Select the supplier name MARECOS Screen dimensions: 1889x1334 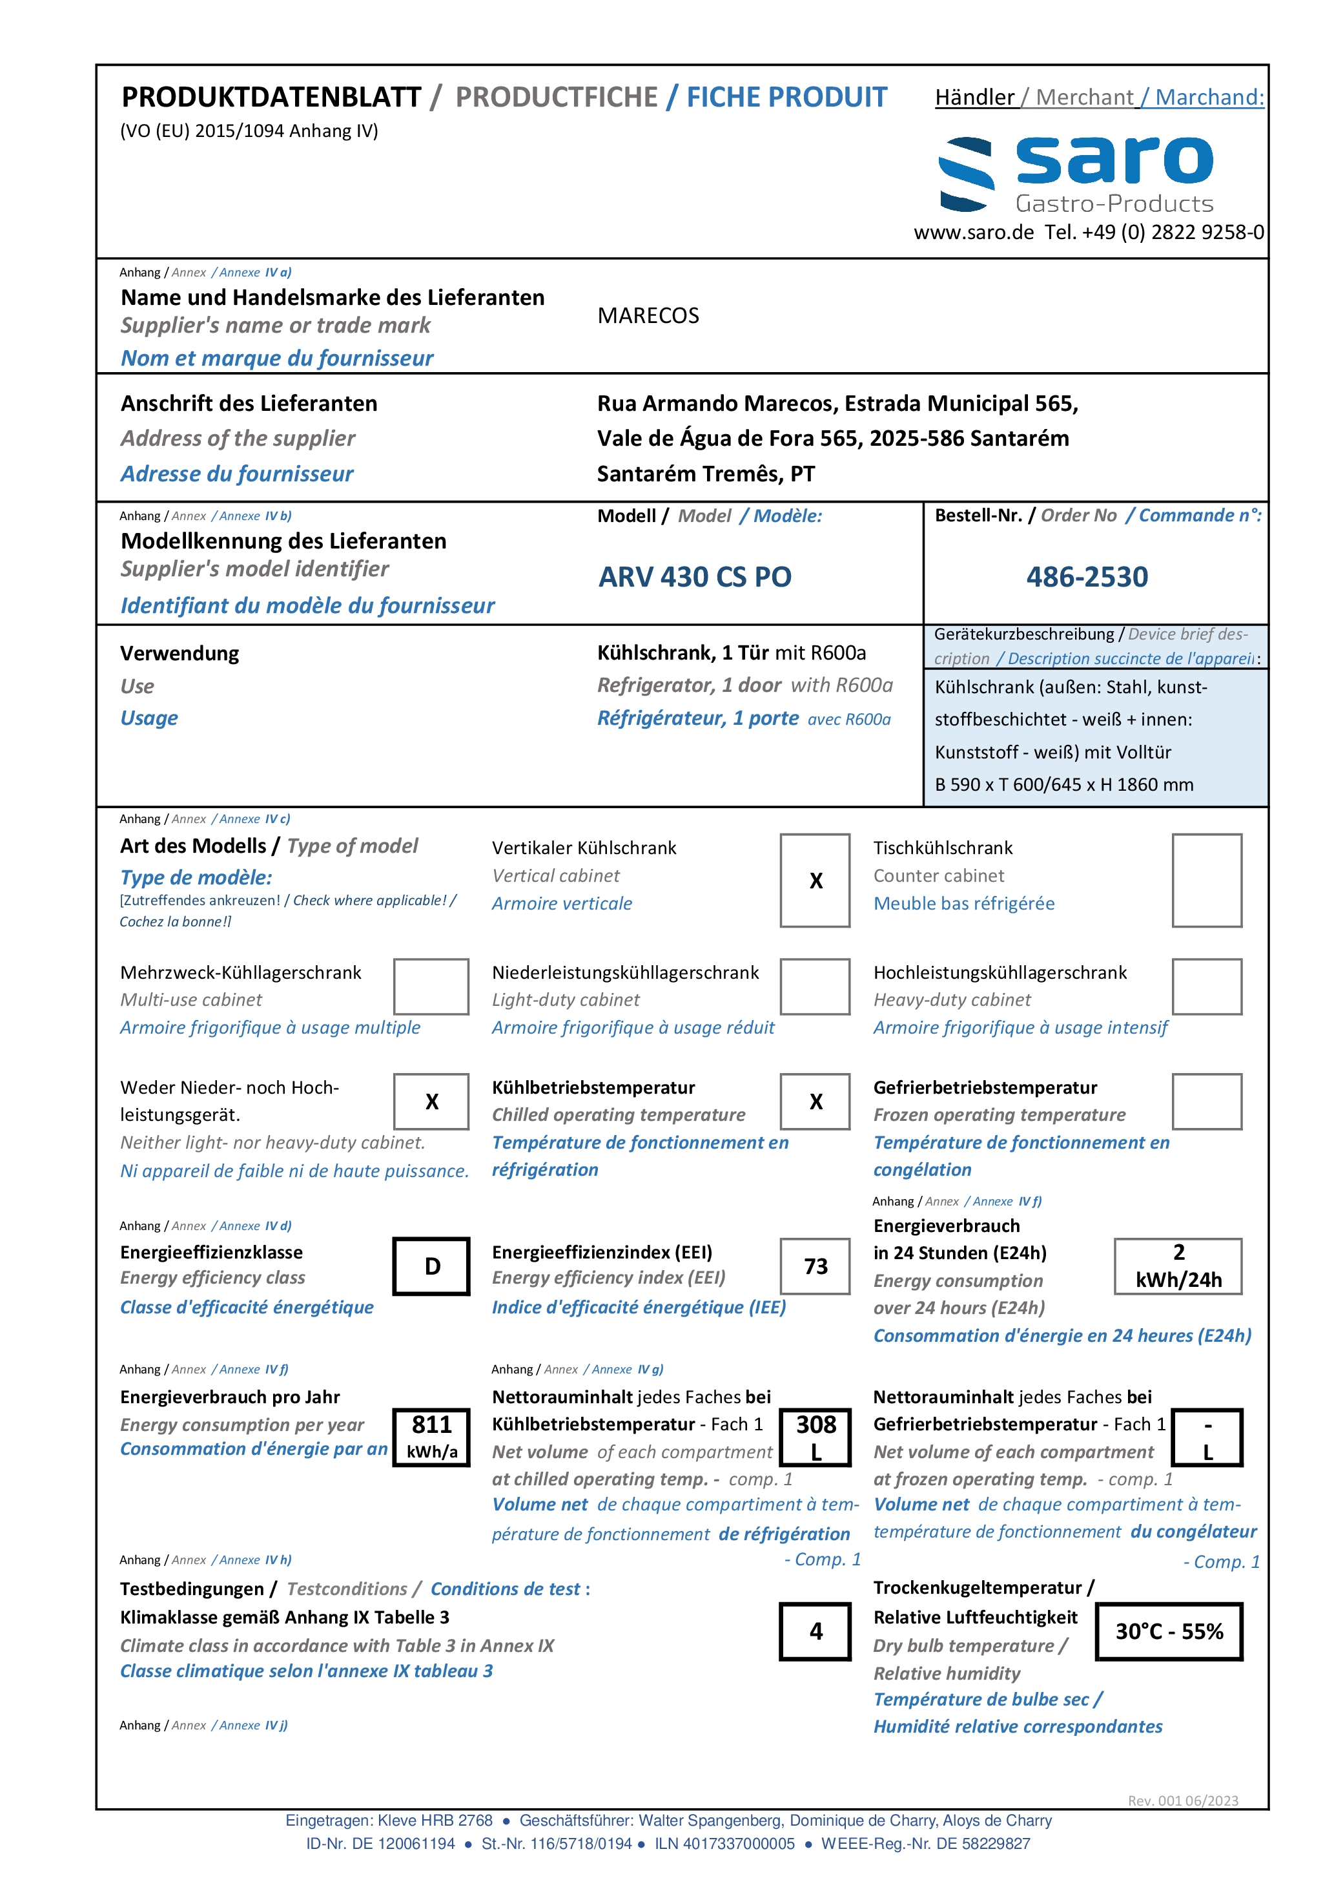click(x=648, y=316)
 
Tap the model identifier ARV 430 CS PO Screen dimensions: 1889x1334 click(x=695, y=577)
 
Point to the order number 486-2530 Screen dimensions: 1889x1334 click(x=1087, y=577)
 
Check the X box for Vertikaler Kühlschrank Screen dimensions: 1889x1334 click(x=815, y=881)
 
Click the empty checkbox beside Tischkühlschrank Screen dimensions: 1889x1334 click(x=1207, y=881)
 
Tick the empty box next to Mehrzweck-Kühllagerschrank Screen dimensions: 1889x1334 click(x=431, y=986)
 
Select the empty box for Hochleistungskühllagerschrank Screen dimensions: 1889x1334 click(x=1207, y=986)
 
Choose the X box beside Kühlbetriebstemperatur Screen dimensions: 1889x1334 click(x=815, y=1101)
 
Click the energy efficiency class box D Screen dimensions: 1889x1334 click(x=431, y=1266)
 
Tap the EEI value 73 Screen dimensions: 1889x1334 click(x=815, y=1266)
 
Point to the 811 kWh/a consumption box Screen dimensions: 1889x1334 click(x=431, y=1437)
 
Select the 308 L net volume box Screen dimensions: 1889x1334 click(x=815, y=1437)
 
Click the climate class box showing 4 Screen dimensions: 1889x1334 click(x=815, y=1631)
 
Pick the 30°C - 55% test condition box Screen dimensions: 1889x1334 click(x=1169, y=1631)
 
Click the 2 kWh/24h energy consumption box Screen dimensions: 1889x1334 click(x=1178, y=1266)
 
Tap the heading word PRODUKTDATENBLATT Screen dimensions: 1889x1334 click(x=271, y=97)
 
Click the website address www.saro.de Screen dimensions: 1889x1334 click(x=974, y=233)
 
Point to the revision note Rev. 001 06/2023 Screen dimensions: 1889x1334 click(x=1183, y=1801)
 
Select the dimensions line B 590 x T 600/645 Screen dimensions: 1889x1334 click(x=1063, y=785)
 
